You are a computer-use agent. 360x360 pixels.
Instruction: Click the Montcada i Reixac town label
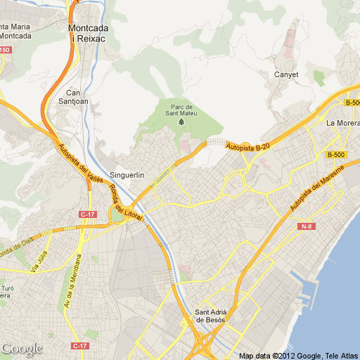click(89, 33)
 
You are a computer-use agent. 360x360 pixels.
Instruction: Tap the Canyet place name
click(286, 75)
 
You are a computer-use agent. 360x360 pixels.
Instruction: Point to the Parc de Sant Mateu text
click(179, 110)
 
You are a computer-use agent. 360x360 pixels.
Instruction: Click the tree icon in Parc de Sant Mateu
click(181, 122)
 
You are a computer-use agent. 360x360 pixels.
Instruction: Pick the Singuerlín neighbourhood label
click(127, 175)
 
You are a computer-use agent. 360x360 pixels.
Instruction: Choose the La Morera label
click(342, 123)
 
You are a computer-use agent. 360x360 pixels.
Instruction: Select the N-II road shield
click(306, 226)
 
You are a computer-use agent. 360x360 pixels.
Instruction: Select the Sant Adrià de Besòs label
click(210, 316)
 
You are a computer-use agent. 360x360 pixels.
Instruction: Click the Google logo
click(22, 349)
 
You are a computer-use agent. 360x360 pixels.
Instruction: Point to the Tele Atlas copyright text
click(340, 356)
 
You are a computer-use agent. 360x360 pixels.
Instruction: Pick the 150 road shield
click(5, 49)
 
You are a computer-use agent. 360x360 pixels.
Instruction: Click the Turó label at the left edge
click(6, 288)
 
